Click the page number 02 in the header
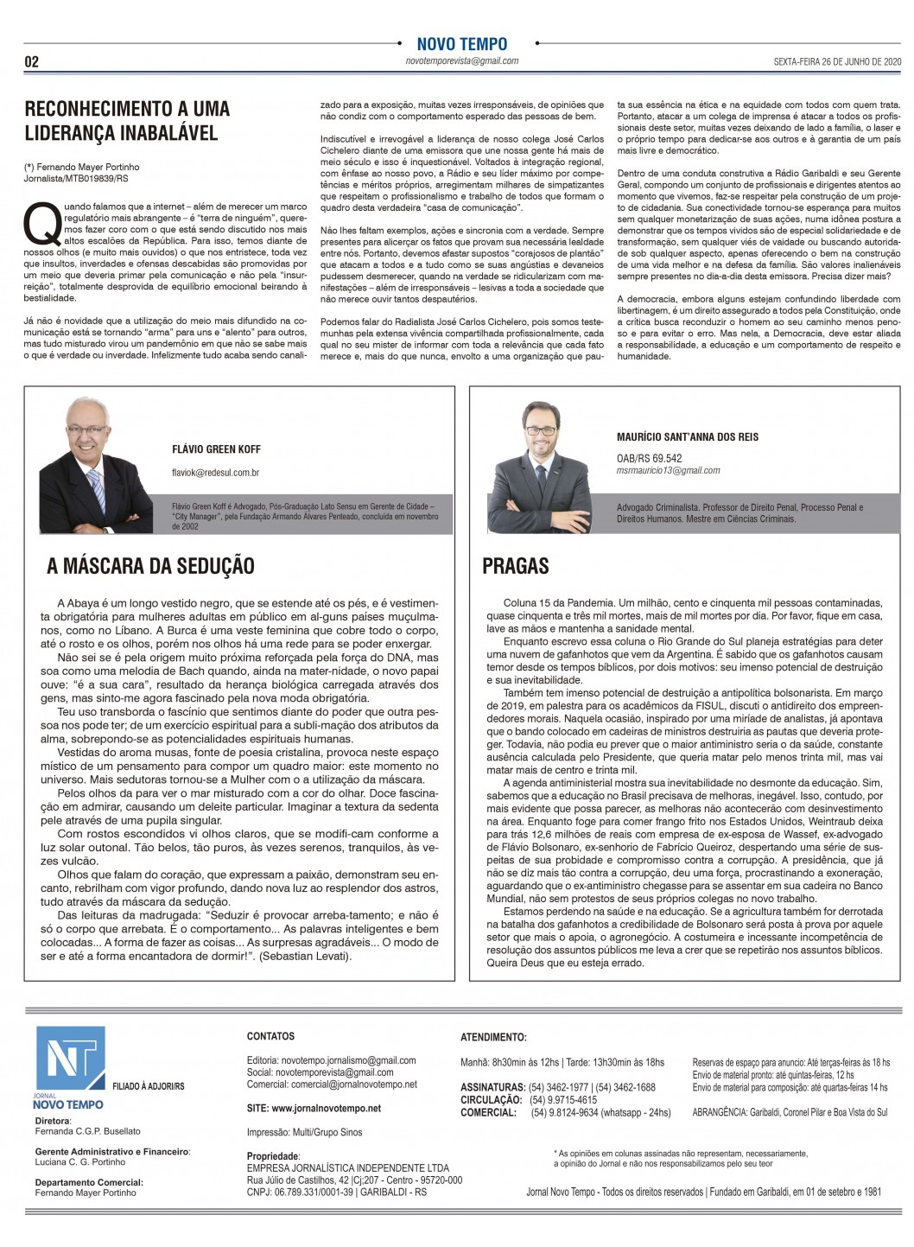[x=32, y=62]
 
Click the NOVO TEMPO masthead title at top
[x=461, y=44]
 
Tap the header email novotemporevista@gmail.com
[x=461, y=61]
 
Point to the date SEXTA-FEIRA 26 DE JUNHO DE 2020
[x=824, y=62]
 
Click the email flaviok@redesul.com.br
[x=216, y=473]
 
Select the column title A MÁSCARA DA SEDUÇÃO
[x=150, y=566]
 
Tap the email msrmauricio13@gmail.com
[x=668, y=470]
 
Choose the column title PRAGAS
[x=516, y=566]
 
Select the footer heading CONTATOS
[x=270, y=1036]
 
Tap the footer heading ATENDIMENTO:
[x=493, y=1037]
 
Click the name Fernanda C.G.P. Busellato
[x=87, y=1131]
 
